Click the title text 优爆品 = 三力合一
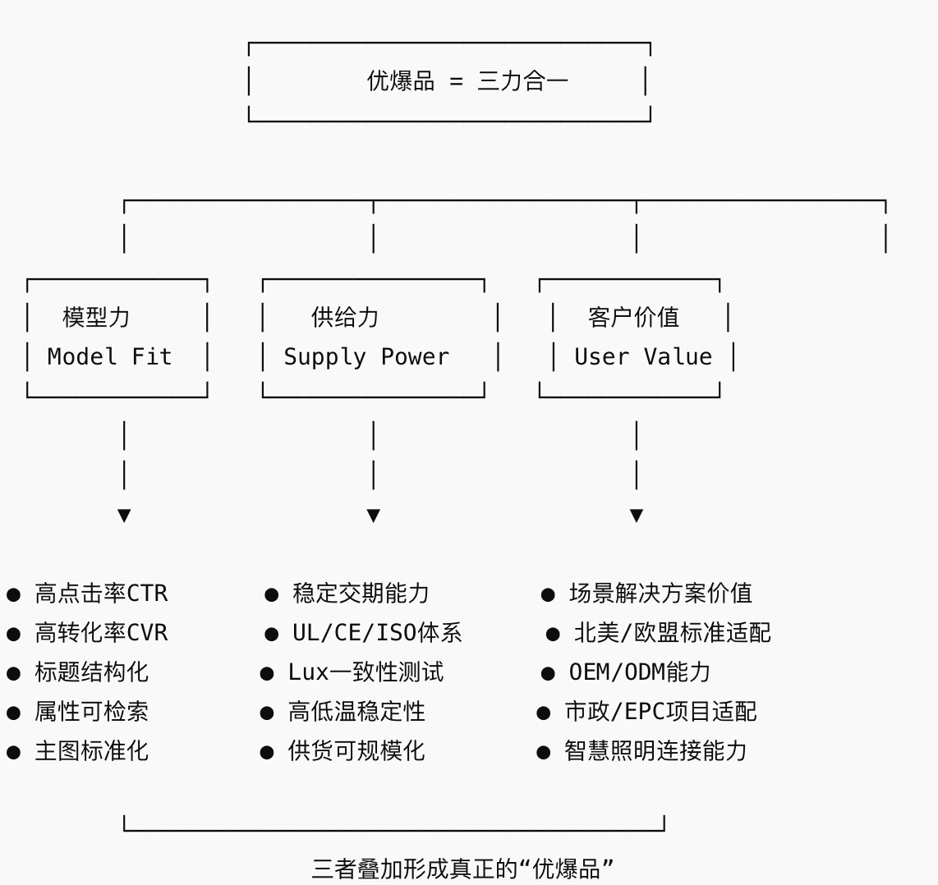(x=467, y=81)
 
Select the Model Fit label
(x=109, y=357)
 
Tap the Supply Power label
(x=366, y=357)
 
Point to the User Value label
(x=643, y=357)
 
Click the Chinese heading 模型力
(x=96, y=317)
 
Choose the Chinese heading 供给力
(x=345, y=317)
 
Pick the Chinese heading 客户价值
(x=633, y=317)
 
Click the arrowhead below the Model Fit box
(x=124, y=516)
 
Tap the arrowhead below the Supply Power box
(x=374, y=516)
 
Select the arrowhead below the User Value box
(x=637, y=516)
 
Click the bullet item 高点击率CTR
(x=101, y=594)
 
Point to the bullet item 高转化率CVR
(x=101, y=633)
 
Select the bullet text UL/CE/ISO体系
(x=377, y=633)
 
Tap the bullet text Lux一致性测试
(x=366, y=672)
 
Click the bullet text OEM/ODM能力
(x=639, y=672)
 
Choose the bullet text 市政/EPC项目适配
(x=660, y=712)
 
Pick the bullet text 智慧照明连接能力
(x=655, y=751)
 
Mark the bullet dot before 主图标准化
(x=13, y=752)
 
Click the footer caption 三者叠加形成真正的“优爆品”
(x=463, y=869)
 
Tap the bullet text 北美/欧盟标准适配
(x=672, y=633)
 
